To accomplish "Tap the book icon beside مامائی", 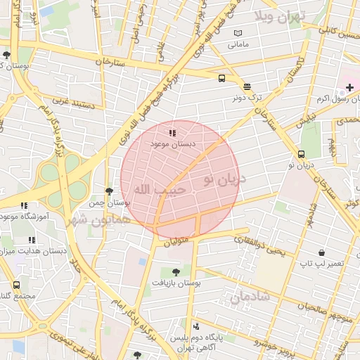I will coord(238,33).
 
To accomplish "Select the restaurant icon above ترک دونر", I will coord(247,86).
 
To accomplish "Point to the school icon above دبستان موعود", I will coord(172,132).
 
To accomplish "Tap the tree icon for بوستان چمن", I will coord(108,191).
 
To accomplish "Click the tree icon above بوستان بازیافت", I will coord(175,271).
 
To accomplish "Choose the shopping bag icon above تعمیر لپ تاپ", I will coord(321,252).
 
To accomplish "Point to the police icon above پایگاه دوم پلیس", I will coord(195,326).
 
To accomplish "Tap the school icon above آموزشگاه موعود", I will coord(24,206).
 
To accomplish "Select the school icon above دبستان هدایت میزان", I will coord(32,240).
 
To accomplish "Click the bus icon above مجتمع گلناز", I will coord(15,285).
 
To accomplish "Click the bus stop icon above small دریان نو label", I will coord(302,154).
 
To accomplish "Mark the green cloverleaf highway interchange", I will coord(60,174).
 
